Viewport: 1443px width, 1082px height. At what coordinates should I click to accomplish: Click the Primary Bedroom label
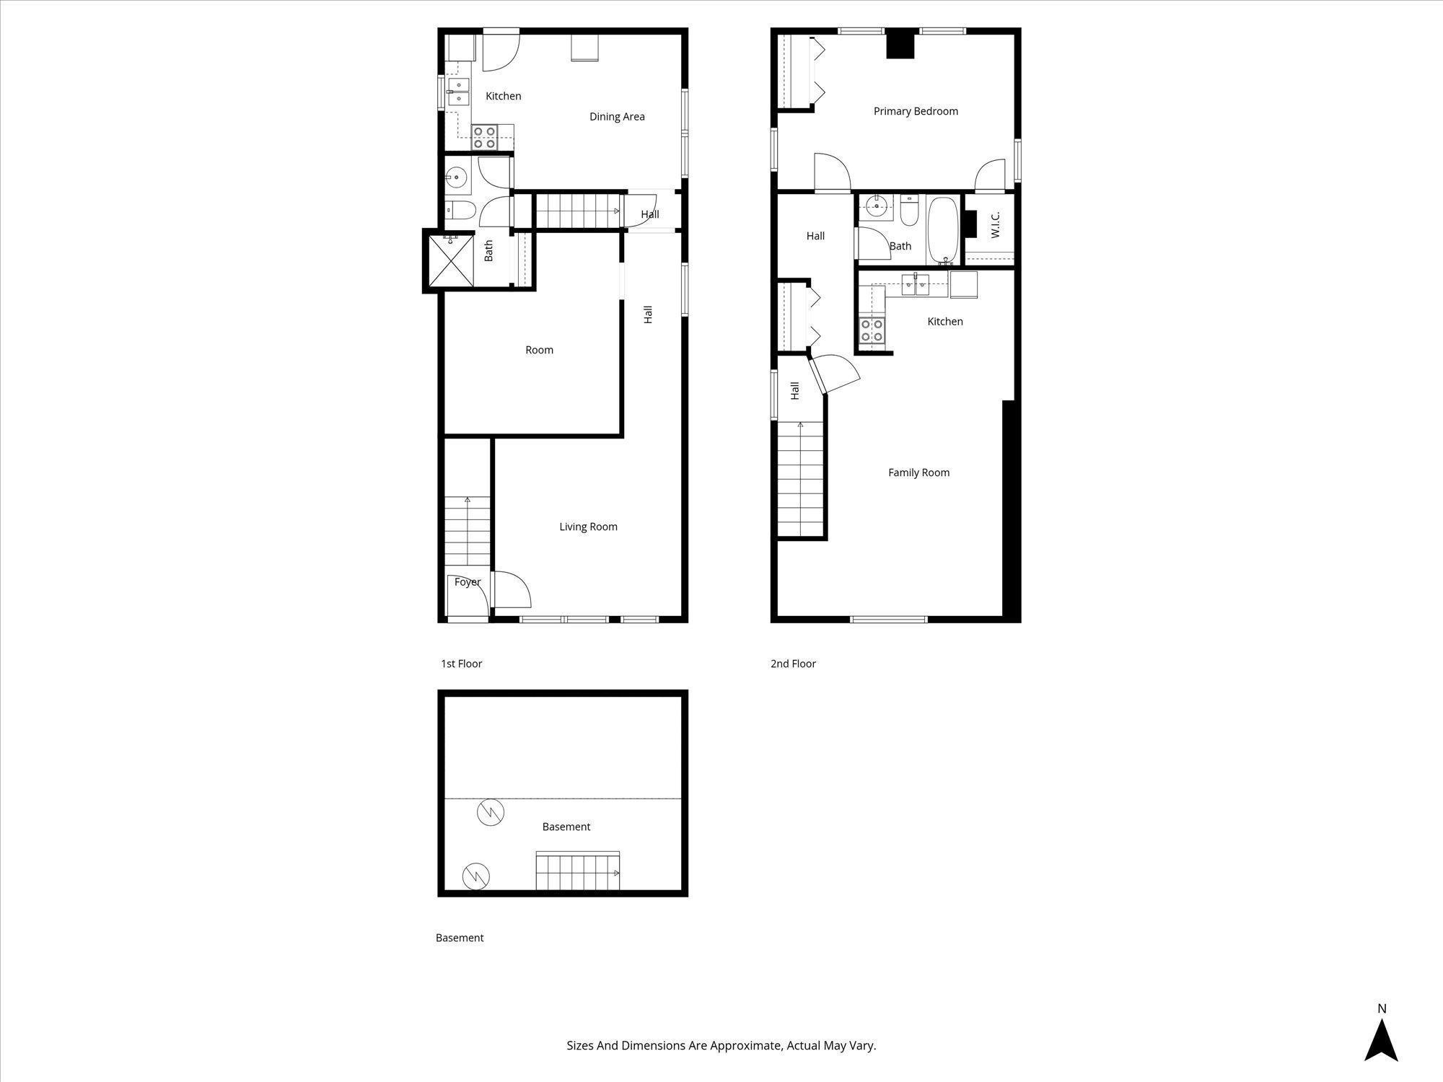pos(915,111)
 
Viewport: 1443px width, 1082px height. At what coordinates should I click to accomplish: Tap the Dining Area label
pos(617,116)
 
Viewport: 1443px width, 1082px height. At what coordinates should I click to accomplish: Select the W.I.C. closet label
pos(996,224)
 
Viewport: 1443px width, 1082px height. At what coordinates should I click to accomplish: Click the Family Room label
pos(918,472)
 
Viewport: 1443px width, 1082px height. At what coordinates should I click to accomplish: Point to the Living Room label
pos(588,527)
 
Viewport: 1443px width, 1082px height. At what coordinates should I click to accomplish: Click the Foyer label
pos(467,582)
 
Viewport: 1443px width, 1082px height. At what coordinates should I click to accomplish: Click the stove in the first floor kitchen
pos(484,137)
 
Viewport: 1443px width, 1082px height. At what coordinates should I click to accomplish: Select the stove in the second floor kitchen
pos(872,330)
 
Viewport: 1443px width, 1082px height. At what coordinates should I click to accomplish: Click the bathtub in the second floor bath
pos(942,230)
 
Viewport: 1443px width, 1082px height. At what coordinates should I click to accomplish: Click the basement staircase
pos(577,871)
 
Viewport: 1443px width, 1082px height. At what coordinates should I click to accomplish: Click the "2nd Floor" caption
pos(793,664)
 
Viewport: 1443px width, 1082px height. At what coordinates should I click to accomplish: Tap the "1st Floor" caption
pos(461,664)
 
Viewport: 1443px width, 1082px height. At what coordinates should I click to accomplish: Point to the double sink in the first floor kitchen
pos(458,92)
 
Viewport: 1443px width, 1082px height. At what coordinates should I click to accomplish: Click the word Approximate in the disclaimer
pos(746,1045)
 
